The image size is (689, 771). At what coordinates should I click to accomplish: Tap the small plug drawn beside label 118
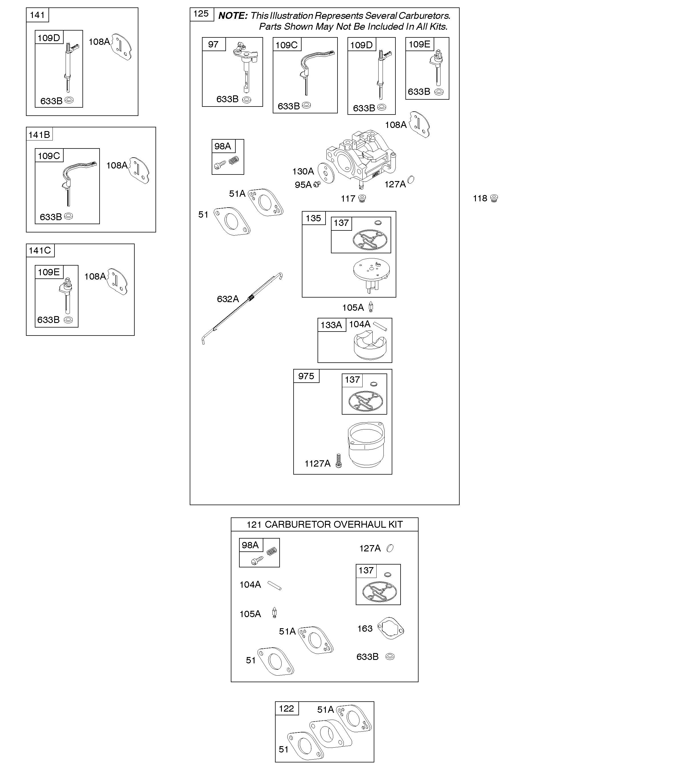pyautogui.click(x=494, y=198)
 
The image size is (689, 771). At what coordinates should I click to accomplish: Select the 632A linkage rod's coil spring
pyautogui.click(x=250, y=299)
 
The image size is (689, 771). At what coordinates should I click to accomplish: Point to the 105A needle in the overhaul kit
pyautogui.click(x=274, y=613)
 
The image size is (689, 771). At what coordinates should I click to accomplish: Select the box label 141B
pyautogui.click(x=39, y=134)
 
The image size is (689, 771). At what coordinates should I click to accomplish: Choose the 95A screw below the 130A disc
pyautogui.click(x=317, y=184)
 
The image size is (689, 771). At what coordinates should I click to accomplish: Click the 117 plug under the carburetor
pyautogui.click(x=362, y=198)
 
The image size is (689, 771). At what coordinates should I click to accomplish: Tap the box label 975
pyautogui.click(x=306, y=376)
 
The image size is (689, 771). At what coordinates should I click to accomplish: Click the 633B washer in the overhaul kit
pyautogui.click(x=390, y=656)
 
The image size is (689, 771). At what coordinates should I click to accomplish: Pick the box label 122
pyautogui.click(x=286, y=709)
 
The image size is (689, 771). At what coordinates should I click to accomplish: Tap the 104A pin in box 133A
pyautogui.click(x=380, y=327)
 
